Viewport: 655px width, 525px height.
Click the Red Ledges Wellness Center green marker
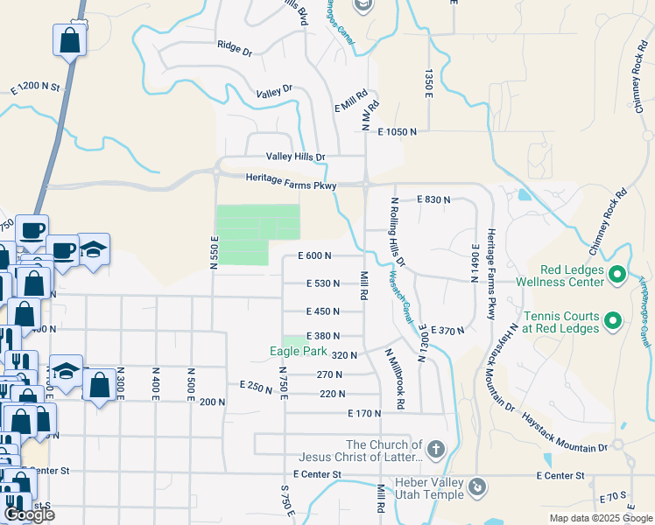616,275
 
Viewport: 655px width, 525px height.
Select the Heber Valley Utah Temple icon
477,486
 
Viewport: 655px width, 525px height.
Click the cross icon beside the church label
436,450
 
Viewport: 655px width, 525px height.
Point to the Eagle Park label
297,353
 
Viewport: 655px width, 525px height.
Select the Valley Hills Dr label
295,157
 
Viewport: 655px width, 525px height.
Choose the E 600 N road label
314,255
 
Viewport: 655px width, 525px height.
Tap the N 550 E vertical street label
214,252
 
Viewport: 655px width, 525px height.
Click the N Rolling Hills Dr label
397,231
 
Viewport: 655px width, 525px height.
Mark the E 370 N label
447,330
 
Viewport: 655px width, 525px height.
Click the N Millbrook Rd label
393,379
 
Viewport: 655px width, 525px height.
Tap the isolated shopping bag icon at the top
70,40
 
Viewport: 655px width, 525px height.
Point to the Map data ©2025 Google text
600,518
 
